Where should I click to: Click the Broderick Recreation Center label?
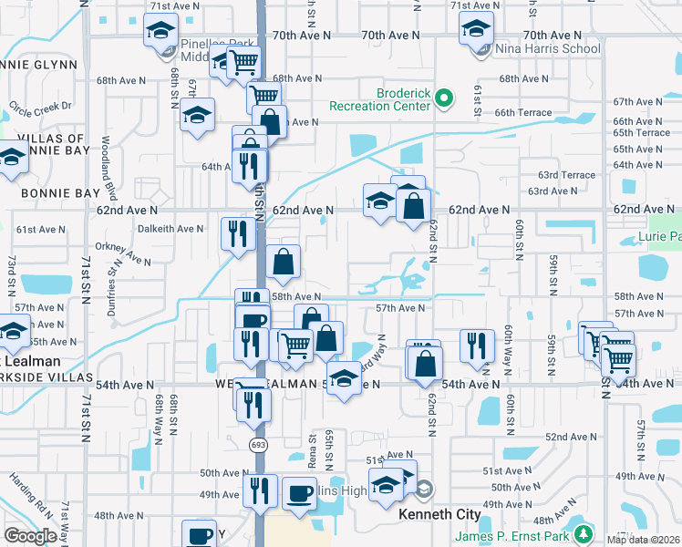(404, 99)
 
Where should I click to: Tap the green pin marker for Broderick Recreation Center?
(444, 98)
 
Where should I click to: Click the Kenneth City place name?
(439, 514)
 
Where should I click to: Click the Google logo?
(30, 536)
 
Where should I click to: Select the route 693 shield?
(260, 442)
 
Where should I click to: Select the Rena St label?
(313, 450)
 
